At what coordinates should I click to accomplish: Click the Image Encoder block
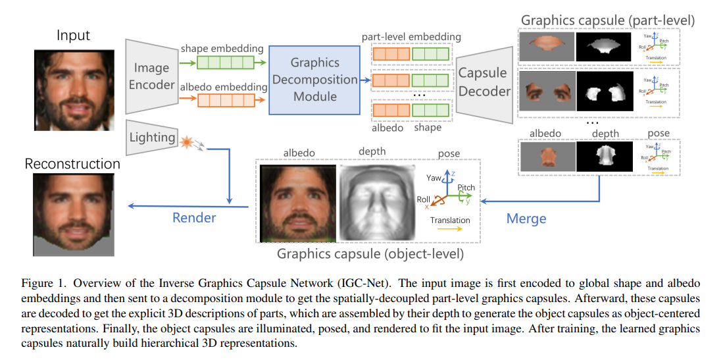152,76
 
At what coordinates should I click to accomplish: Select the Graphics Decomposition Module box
314,79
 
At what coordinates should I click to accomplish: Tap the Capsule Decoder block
484,82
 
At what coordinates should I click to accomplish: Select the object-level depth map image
374,200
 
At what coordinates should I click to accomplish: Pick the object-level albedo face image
297,200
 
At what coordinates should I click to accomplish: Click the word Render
194,218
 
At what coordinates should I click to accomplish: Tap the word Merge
526,218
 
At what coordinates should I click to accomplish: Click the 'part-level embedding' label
411,36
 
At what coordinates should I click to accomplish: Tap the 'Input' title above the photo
73,35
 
